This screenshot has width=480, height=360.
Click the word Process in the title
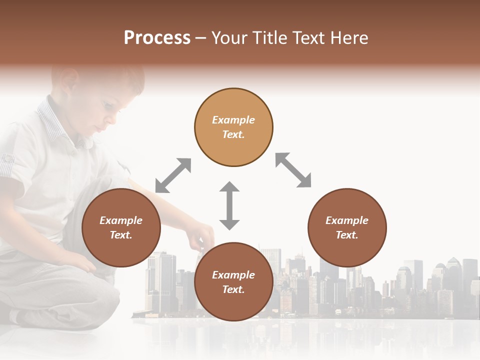tap(157, 38)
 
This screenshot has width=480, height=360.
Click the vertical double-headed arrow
tap(229, 205)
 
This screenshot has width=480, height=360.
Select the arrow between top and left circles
tap(173, 175)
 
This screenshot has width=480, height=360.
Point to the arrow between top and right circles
tap(293, 170)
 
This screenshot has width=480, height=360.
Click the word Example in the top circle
tap(233, 120)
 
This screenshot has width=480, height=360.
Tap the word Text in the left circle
tap(121, 235)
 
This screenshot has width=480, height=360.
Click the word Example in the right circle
tap(347, 220)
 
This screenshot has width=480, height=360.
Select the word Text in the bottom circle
tap(233, 289)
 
